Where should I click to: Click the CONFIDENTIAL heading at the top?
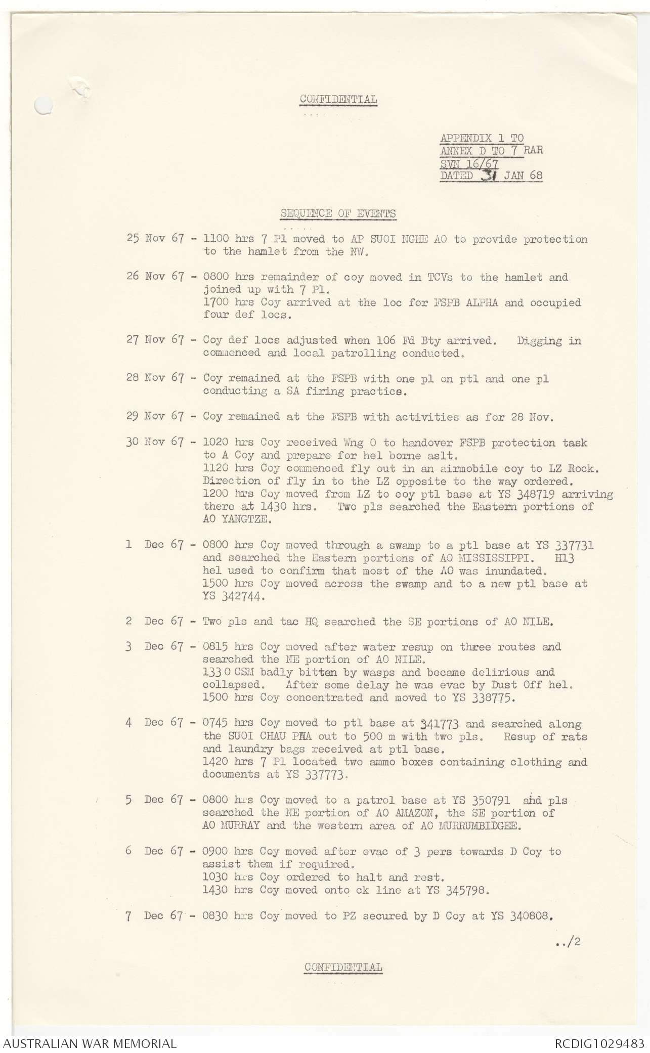(x=338, y=99)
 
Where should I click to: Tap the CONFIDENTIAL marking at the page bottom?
(x=343, y=967)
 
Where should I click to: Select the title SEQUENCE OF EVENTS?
(x=338, y=213)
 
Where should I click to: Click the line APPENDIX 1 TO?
(x=482, y=138)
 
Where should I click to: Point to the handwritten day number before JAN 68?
(x=490, y=175)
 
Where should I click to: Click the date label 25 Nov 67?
(x=155, y=239)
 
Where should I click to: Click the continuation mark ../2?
(x=569, y=942)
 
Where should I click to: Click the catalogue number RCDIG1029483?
(x=598, y=1043)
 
